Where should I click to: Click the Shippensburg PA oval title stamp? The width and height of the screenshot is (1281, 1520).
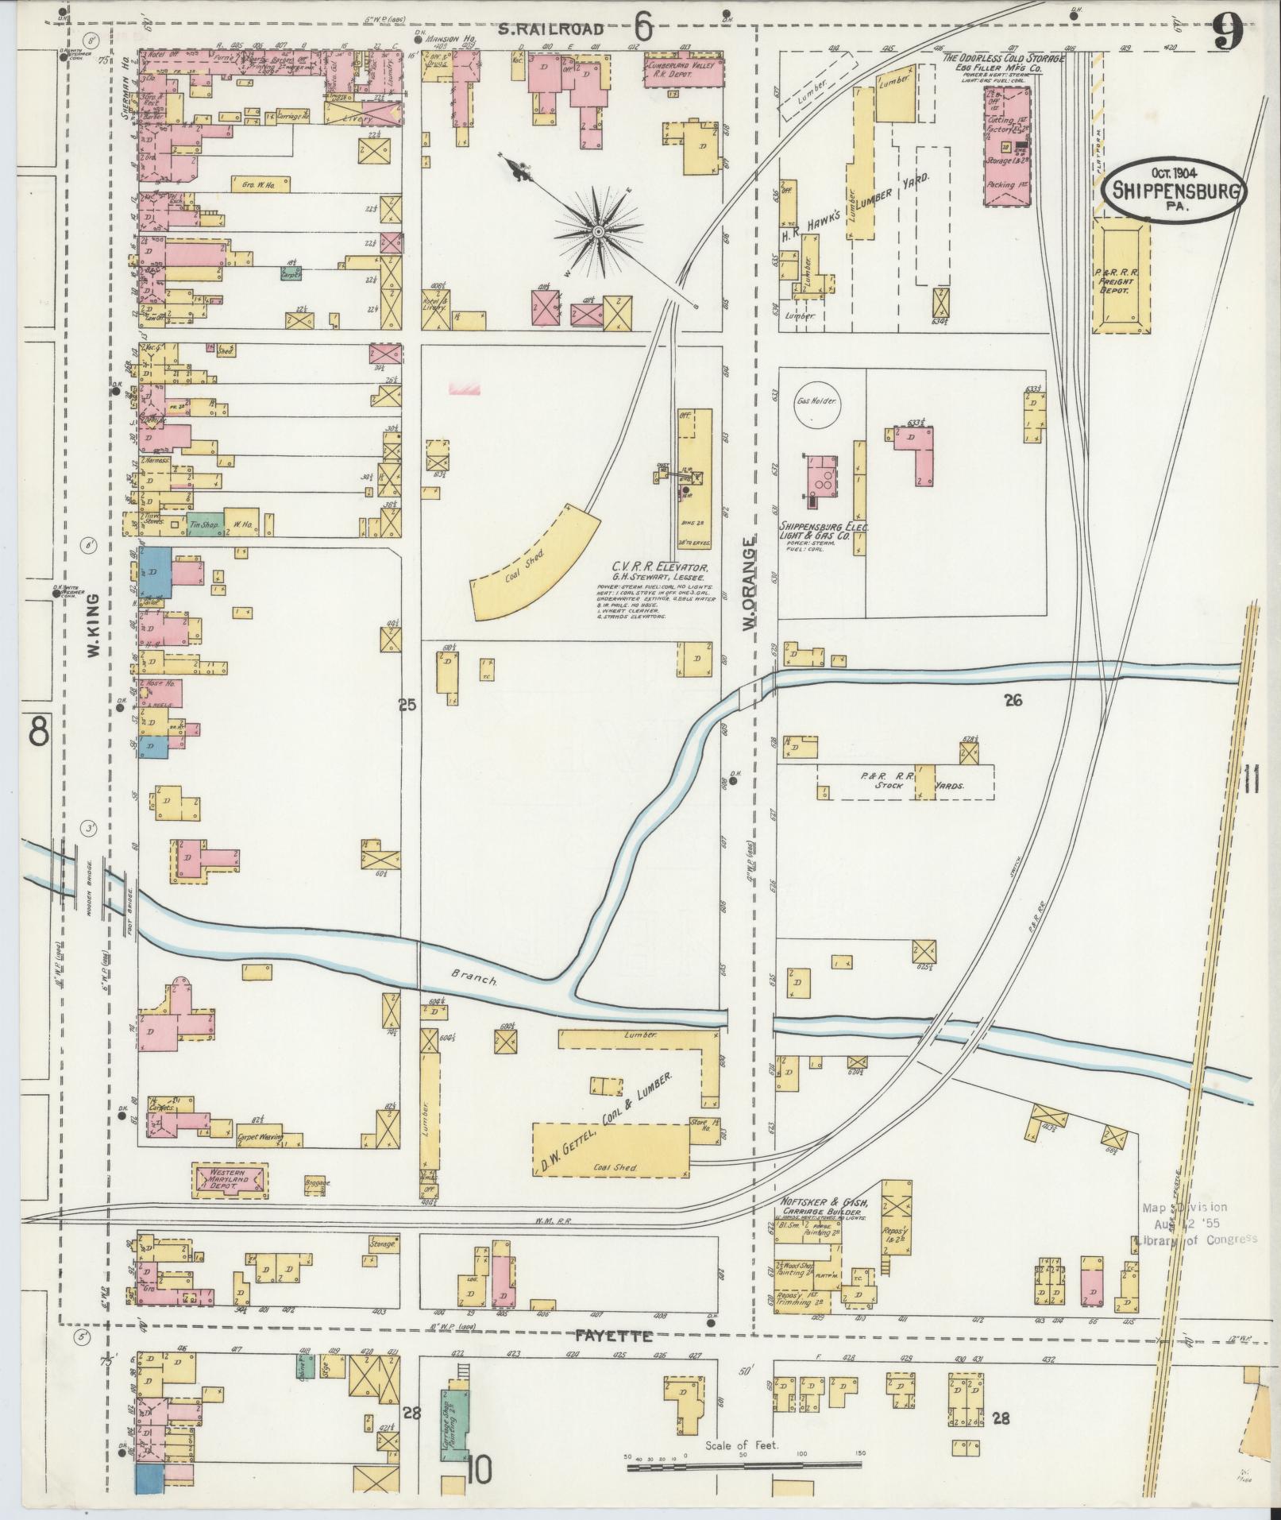click(1173, 188)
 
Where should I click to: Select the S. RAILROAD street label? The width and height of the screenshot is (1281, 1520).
click(562, 30)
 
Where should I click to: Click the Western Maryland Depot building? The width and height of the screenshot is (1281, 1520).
click(230, 1181)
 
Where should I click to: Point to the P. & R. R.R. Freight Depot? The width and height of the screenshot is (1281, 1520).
click(1121, 276)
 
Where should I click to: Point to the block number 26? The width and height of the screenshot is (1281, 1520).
click(1013, 700)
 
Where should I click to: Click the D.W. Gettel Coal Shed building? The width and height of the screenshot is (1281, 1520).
click(610, 1149)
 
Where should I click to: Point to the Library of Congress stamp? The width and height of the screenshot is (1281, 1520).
click(1199, 1238)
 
